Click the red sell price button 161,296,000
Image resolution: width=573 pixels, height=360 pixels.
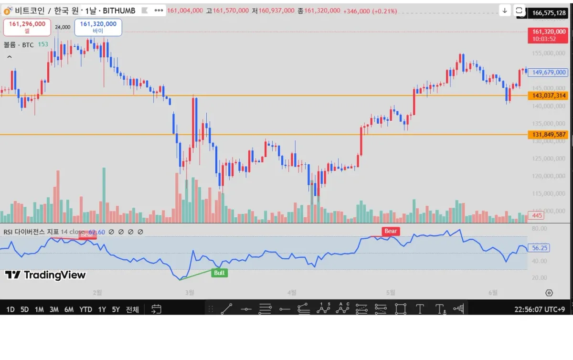click(x=27, y=27)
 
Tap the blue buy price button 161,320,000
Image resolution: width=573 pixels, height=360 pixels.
click(x=98, y=27)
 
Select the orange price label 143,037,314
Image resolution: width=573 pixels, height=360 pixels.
click(x=548, y=95)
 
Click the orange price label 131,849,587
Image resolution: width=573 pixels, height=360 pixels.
click(x=548, y=135)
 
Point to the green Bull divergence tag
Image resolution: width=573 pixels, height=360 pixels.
click(x=219, y=273)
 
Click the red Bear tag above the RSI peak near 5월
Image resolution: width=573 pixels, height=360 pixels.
click(x=391, y=231)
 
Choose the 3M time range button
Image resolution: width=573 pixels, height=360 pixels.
click(x=54, y=309)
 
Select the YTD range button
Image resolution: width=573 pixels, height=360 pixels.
click(x=86, y=309)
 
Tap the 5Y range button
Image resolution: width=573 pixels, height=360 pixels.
click(x=116, y=309)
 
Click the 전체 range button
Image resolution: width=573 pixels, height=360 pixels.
click(x=132, y=309)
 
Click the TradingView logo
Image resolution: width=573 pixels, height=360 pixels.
click(x=45, y=275)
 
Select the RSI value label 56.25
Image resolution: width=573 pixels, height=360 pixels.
click(x=540, y=248)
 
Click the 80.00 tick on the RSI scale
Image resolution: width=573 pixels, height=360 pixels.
click(x=539, y=229)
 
